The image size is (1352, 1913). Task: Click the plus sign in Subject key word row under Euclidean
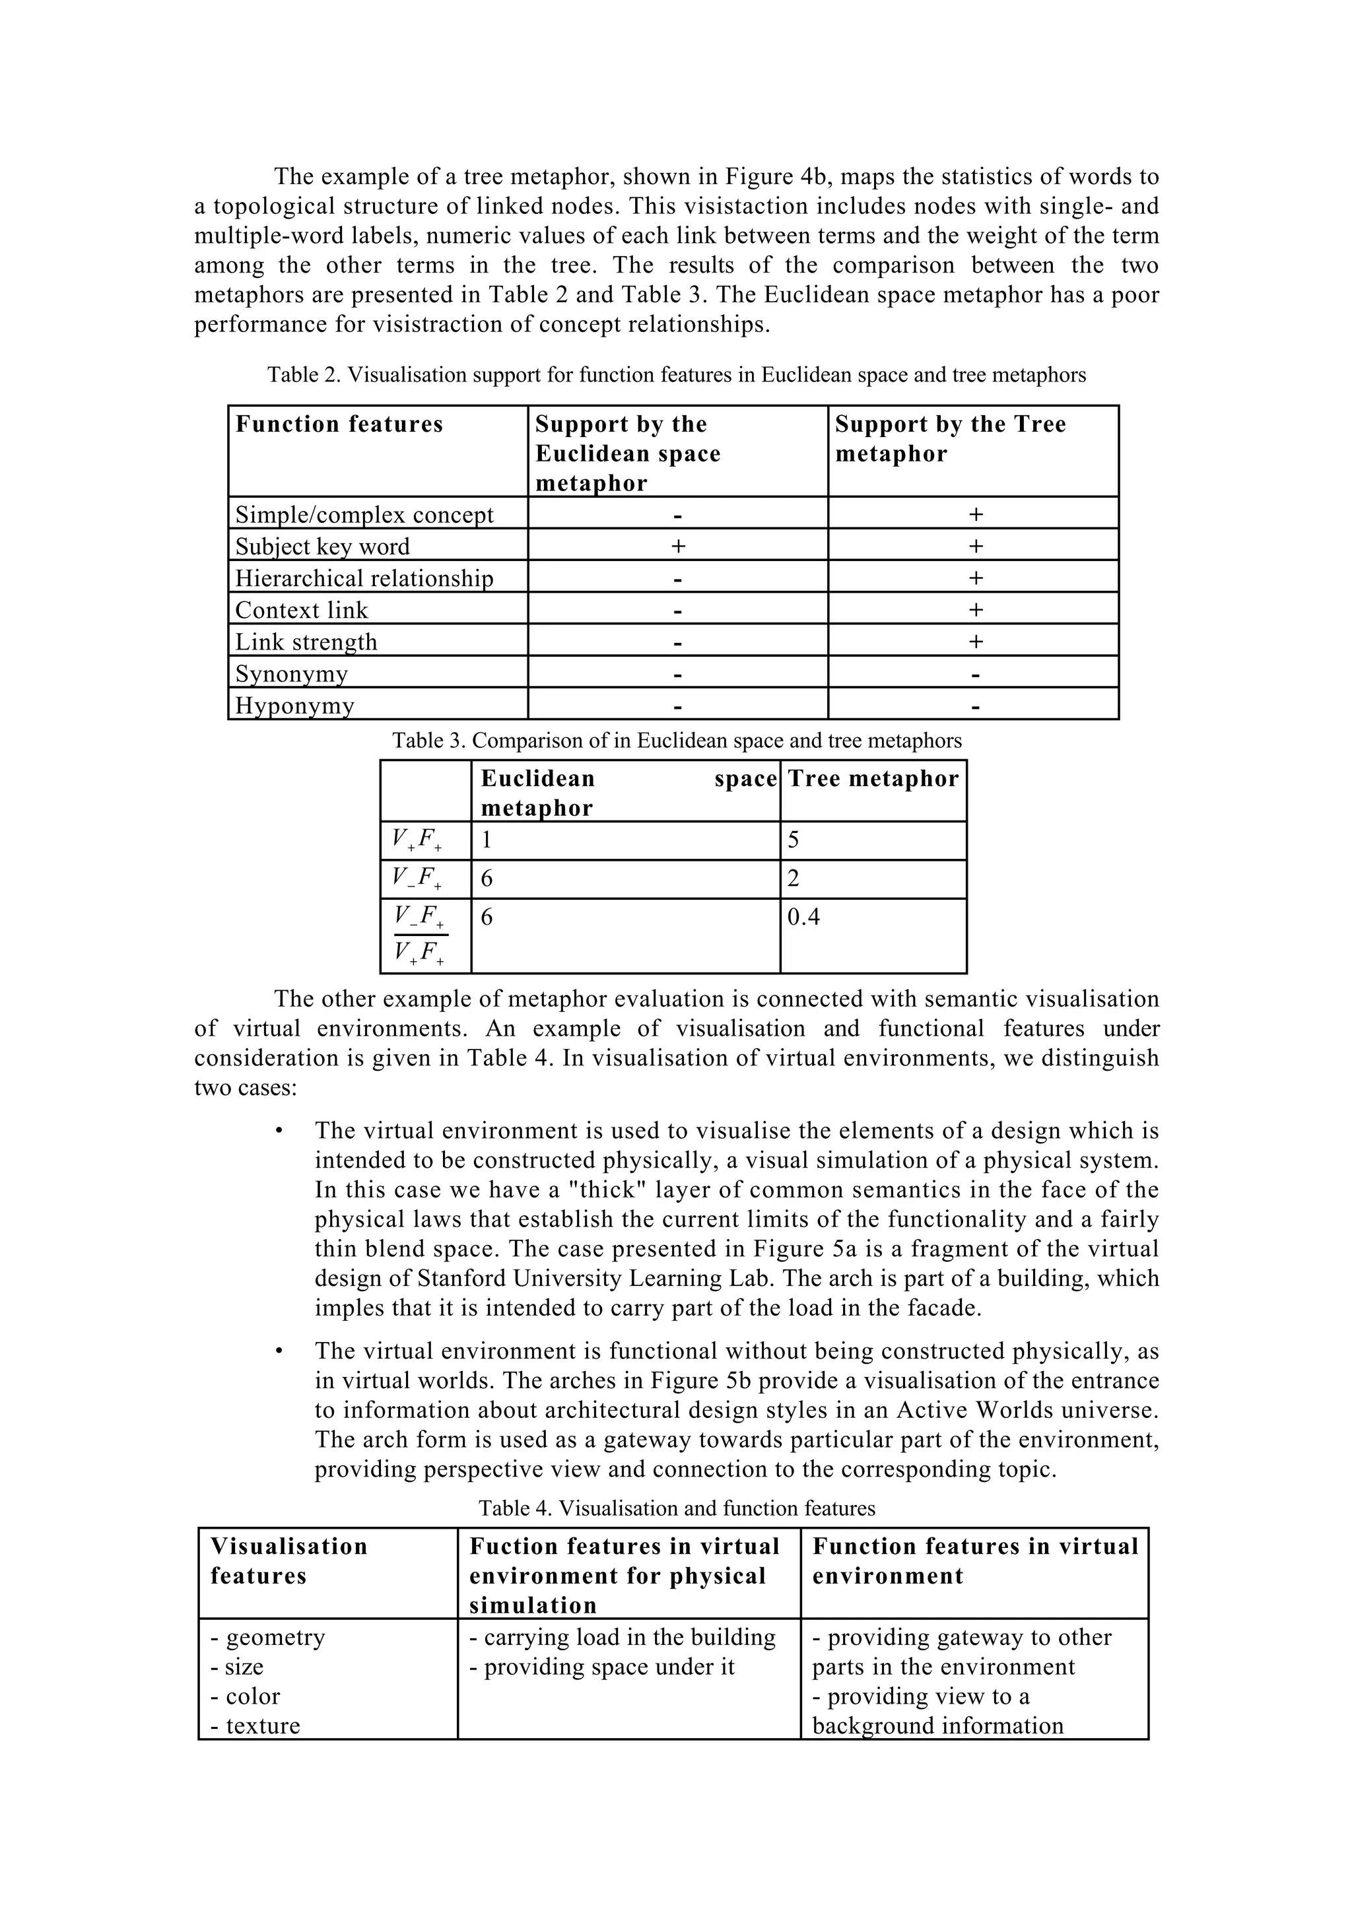pyautogui.click(x=678, y=547)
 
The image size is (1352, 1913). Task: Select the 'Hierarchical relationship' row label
pyautogui.click(x=364, y=578)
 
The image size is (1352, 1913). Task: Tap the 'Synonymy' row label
pyautogui.click(x=292, y=673)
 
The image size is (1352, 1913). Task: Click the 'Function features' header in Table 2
pyautogui.click(x=339, y=424)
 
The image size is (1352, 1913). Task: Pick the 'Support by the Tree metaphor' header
pyautogui.click(x=951, y=439)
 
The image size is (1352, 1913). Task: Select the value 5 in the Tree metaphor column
pyautogui.click(x=793, y=840)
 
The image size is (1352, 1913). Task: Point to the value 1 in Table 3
pyautogui.click(x=487, y=840)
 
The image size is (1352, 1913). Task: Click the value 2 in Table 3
pyautogui.click(x=793, y=878)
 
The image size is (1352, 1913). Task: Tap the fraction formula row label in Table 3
pyautogui.click(x=420, y=935)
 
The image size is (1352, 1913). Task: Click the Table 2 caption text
pyautogui.click(x=677, y=375)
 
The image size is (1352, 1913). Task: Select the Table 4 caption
pyautogui.click(x=677, y=1508)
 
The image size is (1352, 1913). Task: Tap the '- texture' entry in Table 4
pyautogui.click(x=255, y=1726)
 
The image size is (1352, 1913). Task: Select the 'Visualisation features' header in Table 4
pyautogui.click(x=288, y=1561)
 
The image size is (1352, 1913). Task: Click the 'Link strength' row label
pyautogui.click(x=306, y=642)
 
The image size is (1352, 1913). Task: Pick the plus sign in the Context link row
pyautogui.click(x=976, y=610)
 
